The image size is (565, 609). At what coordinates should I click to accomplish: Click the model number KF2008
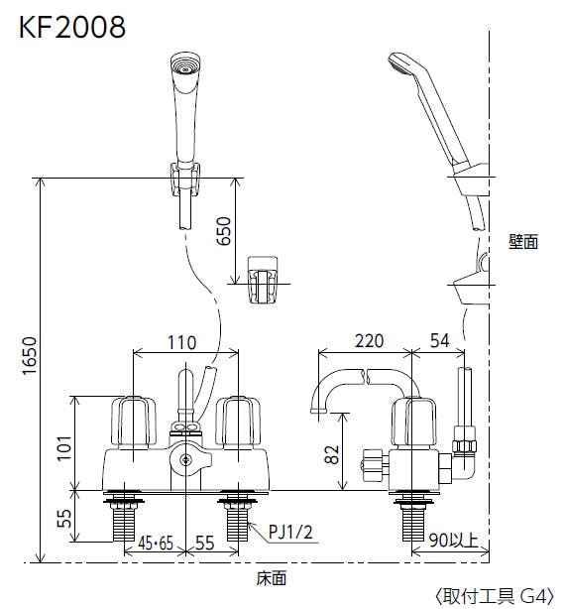72,27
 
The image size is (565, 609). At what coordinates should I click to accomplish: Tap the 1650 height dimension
30,355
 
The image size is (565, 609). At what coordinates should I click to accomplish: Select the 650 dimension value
223,231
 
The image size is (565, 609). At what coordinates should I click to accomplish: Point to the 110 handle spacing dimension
181,342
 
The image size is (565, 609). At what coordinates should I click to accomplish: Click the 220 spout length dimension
369,340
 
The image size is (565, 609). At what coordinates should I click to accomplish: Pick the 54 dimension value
440,340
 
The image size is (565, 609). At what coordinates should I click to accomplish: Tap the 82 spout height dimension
332,454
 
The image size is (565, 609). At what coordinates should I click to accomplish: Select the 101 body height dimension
64,447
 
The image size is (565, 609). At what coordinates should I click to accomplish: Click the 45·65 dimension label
156,543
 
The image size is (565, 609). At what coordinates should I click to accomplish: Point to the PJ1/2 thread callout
290,532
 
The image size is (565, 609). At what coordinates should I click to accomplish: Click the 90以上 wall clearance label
453,540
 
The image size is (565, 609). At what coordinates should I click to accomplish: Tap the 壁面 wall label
523,242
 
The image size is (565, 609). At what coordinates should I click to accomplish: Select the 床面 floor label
272,578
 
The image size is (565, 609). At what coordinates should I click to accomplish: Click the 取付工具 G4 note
496,596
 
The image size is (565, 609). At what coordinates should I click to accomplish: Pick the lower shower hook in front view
263,280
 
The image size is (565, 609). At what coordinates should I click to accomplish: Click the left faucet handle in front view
133,423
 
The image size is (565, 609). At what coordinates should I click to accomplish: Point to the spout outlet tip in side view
318,411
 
